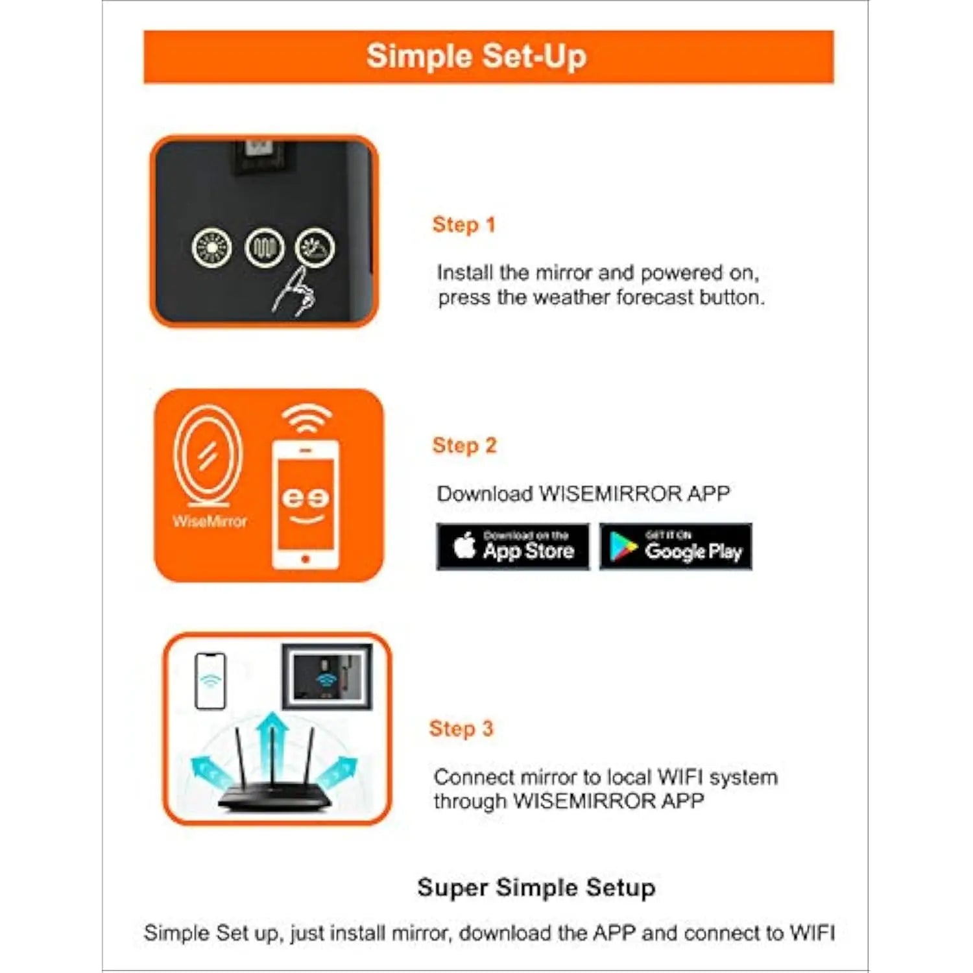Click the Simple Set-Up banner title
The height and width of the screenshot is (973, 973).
pos(476,56)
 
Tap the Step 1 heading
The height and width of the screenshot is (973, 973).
pos(464,224)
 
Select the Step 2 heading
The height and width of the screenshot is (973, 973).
pos(464,446)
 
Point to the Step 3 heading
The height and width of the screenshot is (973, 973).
pos(461,728)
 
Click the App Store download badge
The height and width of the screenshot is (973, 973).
pos(513,547)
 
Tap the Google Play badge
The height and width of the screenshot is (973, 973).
pos(676,547)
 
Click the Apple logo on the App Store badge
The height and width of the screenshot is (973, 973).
pos(464,545)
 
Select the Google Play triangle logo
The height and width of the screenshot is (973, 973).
pos(623,547)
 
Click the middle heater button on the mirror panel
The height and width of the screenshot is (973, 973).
pos(264,248)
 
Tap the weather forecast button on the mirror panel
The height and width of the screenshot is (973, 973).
pos(315,247)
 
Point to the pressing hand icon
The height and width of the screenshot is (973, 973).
pos(294,293)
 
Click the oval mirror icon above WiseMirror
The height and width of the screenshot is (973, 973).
pos(208,456)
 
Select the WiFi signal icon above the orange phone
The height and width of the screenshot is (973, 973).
pos(307,419)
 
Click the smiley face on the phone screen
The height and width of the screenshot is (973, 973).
pos(306,505)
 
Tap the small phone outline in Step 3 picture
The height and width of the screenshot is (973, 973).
pos(211,681)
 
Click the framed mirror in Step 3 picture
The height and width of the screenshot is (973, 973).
pos(327,677)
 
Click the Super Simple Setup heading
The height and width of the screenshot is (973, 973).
pos(536,888)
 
